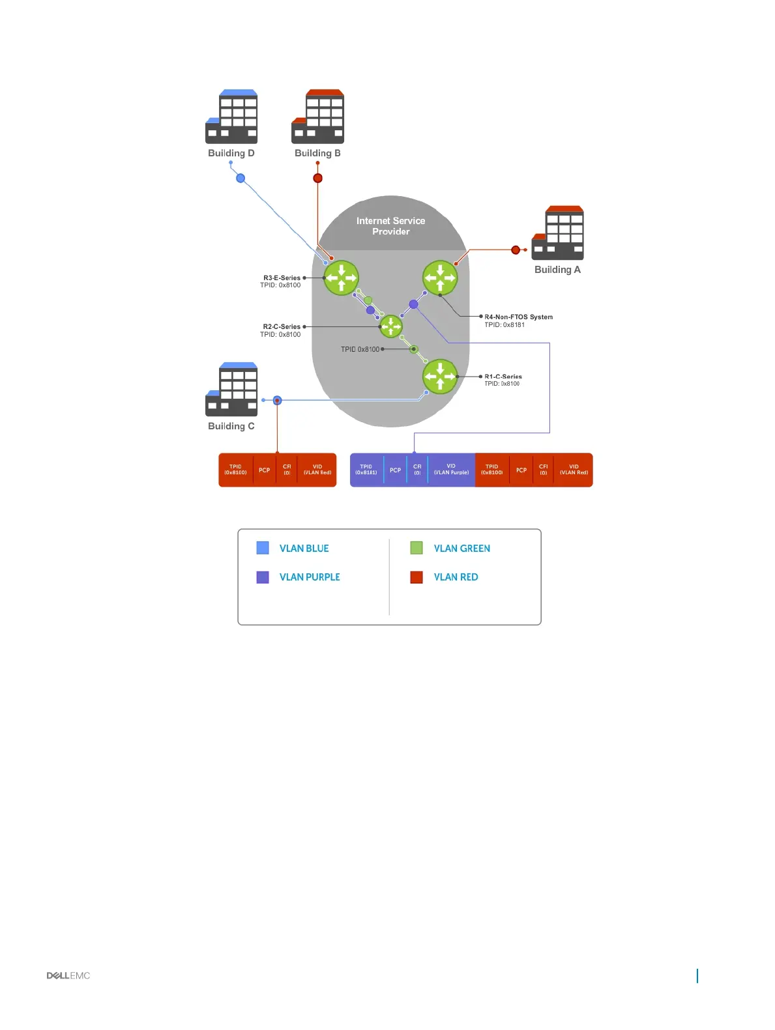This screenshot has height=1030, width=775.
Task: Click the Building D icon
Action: click(231, 117)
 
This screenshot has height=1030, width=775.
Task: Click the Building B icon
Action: click(317, 117)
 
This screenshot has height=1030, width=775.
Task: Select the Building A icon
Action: click(557, 233)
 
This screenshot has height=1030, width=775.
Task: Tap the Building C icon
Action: click(231, 390)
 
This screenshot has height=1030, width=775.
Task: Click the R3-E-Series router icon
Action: click(341, 278)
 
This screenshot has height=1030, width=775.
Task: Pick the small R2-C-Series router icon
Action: click(391, 326)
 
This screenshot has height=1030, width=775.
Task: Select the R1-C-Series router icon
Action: click(440, 377)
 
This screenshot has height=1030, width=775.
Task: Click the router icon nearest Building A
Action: click(440, 278)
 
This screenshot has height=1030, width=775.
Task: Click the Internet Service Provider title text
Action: click(390, 226)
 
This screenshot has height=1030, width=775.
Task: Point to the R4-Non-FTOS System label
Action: click(518, 317)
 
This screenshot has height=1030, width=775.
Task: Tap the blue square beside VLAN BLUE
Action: click(263, 548)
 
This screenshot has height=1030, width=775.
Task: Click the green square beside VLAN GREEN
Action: click(417, 548)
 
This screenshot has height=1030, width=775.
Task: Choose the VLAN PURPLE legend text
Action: click(310, 577)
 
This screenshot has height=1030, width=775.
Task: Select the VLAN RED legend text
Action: click(456, 577)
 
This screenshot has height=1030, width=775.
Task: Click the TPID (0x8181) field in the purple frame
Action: click(366, 470)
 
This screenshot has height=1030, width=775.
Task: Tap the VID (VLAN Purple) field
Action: click(451, 470)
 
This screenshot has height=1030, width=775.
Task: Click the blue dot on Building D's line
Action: click(241, 178)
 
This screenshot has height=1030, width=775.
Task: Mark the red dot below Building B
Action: click(317, 178)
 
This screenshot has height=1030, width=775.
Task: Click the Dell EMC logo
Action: click(68, 975)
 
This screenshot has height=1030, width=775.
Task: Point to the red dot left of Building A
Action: click(516, 250)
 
